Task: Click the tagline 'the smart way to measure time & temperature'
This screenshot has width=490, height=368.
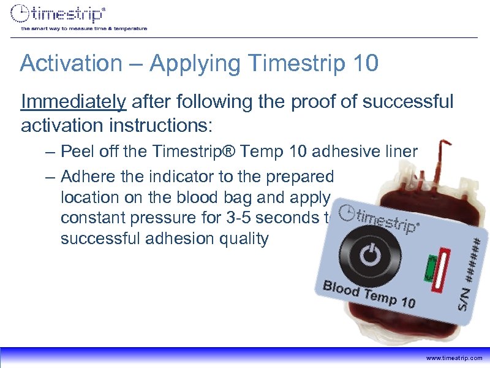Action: pos(84,28)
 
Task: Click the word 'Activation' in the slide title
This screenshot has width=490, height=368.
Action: pos(62,63)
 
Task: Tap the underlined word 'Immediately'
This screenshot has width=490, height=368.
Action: pos(73,101)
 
